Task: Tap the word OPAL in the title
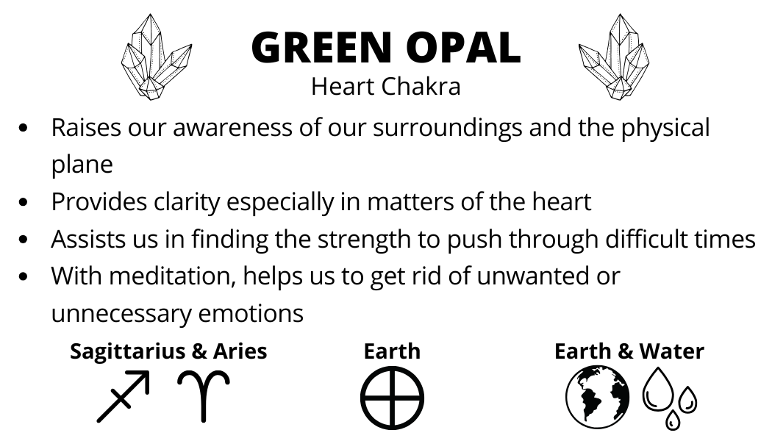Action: point(463,47)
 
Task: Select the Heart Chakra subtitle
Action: point(386,87)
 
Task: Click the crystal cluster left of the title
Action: point(156,57)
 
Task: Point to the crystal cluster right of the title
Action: point(614,57)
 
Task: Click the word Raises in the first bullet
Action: point(86,127)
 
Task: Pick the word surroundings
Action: point(447,129)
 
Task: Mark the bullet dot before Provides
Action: point(23,202)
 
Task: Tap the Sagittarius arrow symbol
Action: point(123,396)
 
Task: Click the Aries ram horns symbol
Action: point(204,396)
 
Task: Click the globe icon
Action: point(598,397)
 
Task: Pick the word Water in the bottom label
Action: point(671,351)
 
